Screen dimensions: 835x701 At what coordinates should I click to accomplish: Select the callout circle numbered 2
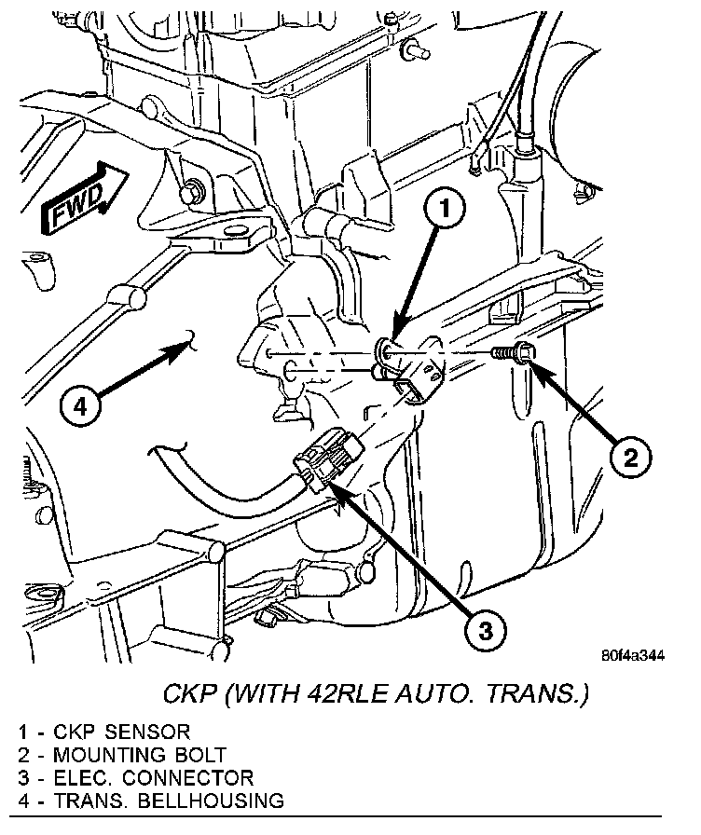(x=629, y=457)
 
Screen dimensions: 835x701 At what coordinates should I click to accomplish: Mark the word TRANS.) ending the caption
(x=540, y=695)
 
